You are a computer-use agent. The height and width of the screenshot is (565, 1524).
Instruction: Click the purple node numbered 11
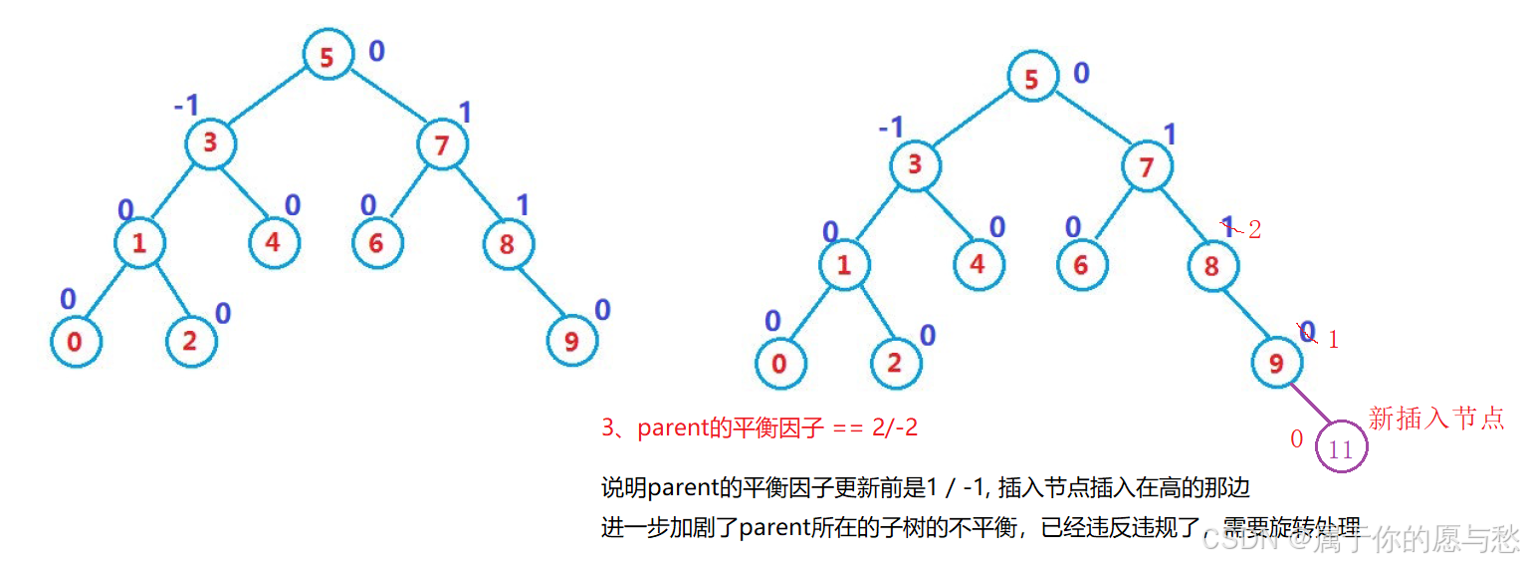(x=1341, y=449)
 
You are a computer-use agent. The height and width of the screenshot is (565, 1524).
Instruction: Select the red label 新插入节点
(x=1435, y=419)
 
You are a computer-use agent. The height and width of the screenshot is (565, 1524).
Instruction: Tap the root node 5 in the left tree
(x=327, y=57)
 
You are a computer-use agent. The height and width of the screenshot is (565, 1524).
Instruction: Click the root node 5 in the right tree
(x=1031, y=79)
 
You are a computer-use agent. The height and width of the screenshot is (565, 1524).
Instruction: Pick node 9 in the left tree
(x=571, y=342)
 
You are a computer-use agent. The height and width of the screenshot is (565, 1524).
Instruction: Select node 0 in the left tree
(x=75, y=342)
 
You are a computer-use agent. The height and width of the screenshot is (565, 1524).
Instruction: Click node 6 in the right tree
(x=1082, y=265)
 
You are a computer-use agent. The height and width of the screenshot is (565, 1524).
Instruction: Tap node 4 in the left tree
(x=274, y=243)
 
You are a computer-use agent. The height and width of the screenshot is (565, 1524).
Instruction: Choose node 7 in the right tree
(x=1147, y=166)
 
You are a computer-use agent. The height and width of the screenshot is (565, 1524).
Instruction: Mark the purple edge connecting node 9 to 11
(x=1307, y=404)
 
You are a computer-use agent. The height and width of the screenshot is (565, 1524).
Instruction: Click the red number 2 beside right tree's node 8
(x=1254, y=230)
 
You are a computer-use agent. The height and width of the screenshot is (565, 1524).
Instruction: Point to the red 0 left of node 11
(x=1297, y=438)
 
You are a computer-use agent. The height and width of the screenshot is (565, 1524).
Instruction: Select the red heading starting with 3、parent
(x=760, y=428)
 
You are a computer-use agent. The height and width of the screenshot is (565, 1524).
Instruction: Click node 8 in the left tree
(x=508, y=243)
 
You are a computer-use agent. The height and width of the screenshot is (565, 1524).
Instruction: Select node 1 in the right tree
(x=844, y=266)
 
